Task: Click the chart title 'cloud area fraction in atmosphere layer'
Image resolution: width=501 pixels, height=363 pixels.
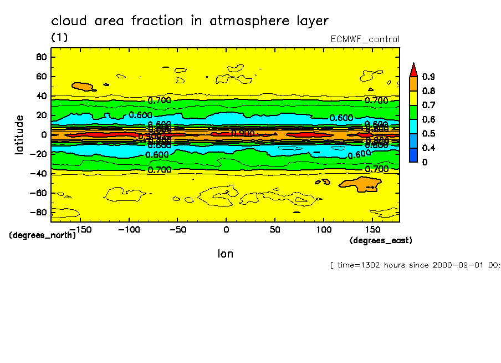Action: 190,21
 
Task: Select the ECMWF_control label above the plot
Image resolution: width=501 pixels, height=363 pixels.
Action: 365,39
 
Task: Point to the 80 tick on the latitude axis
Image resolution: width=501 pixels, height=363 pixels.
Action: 41,57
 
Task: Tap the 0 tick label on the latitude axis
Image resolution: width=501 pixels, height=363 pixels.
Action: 43,134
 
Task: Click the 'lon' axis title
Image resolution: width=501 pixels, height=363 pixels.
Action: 225,254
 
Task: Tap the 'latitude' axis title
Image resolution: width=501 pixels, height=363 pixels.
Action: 20,134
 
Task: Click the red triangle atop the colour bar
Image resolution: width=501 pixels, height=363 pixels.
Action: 413,69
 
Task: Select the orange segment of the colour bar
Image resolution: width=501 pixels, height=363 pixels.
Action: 413,83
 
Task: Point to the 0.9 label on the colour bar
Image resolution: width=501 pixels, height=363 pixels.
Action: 428,77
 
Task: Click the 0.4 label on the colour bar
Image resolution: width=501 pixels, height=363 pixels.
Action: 428,148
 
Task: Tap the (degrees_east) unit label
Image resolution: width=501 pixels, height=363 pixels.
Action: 381,240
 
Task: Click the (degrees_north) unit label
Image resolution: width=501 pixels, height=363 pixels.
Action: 42,235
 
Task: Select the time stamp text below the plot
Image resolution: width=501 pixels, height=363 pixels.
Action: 415,265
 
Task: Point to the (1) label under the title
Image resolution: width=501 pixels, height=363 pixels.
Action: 59,37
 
